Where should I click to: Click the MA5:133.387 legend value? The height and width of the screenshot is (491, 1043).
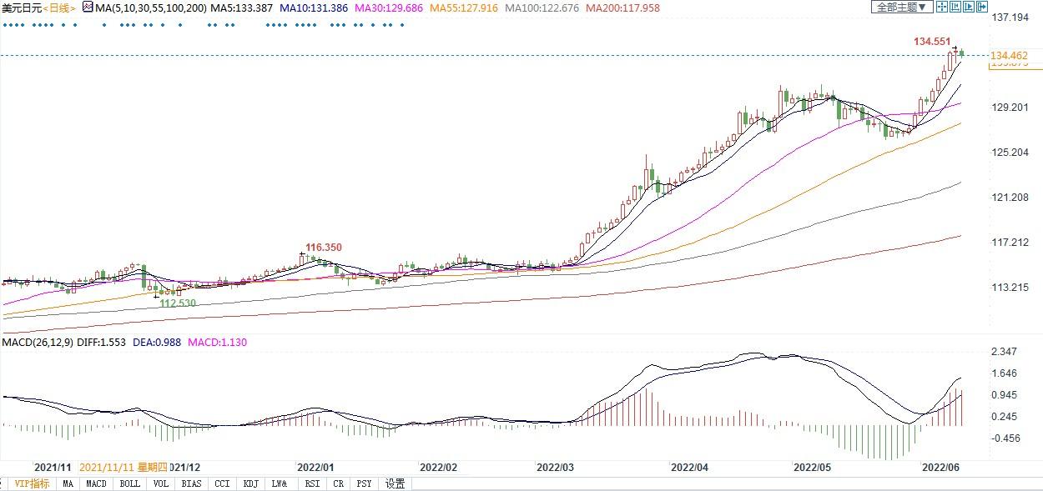click(x=238, y=8)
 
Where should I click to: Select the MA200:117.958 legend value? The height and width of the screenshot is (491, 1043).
click(x=622, y=8)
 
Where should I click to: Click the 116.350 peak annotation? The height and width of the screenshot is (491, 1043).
click(x=324, y=248)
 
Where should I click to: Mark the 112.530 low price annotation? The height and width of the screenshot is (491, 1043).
click(x=178, y=303)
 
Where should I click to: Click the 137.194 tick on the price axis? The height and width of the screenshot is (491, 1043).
click(x=1009, y=18)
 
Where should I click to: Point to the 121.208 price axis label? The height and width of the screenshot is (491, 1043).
click(x=1009, y=198)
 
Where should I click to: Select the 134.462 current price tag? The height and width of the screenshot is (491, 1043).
click(x=1009, y=56)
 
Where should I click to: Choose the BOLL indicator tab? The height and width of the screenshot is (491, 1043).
click(x=129, y=483)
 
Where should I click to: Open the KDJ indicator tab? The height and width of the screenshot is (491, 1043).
click(x=250, y=483)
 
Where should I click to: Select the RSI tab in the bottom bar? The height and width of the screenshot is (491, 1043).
click(x=312, y=483)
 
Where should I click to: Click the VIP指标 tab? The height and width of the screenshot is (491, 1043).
click(x=32, y=483)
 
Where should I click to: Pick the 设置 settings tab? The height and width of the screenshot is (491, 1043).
click(x=395, y=483)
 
